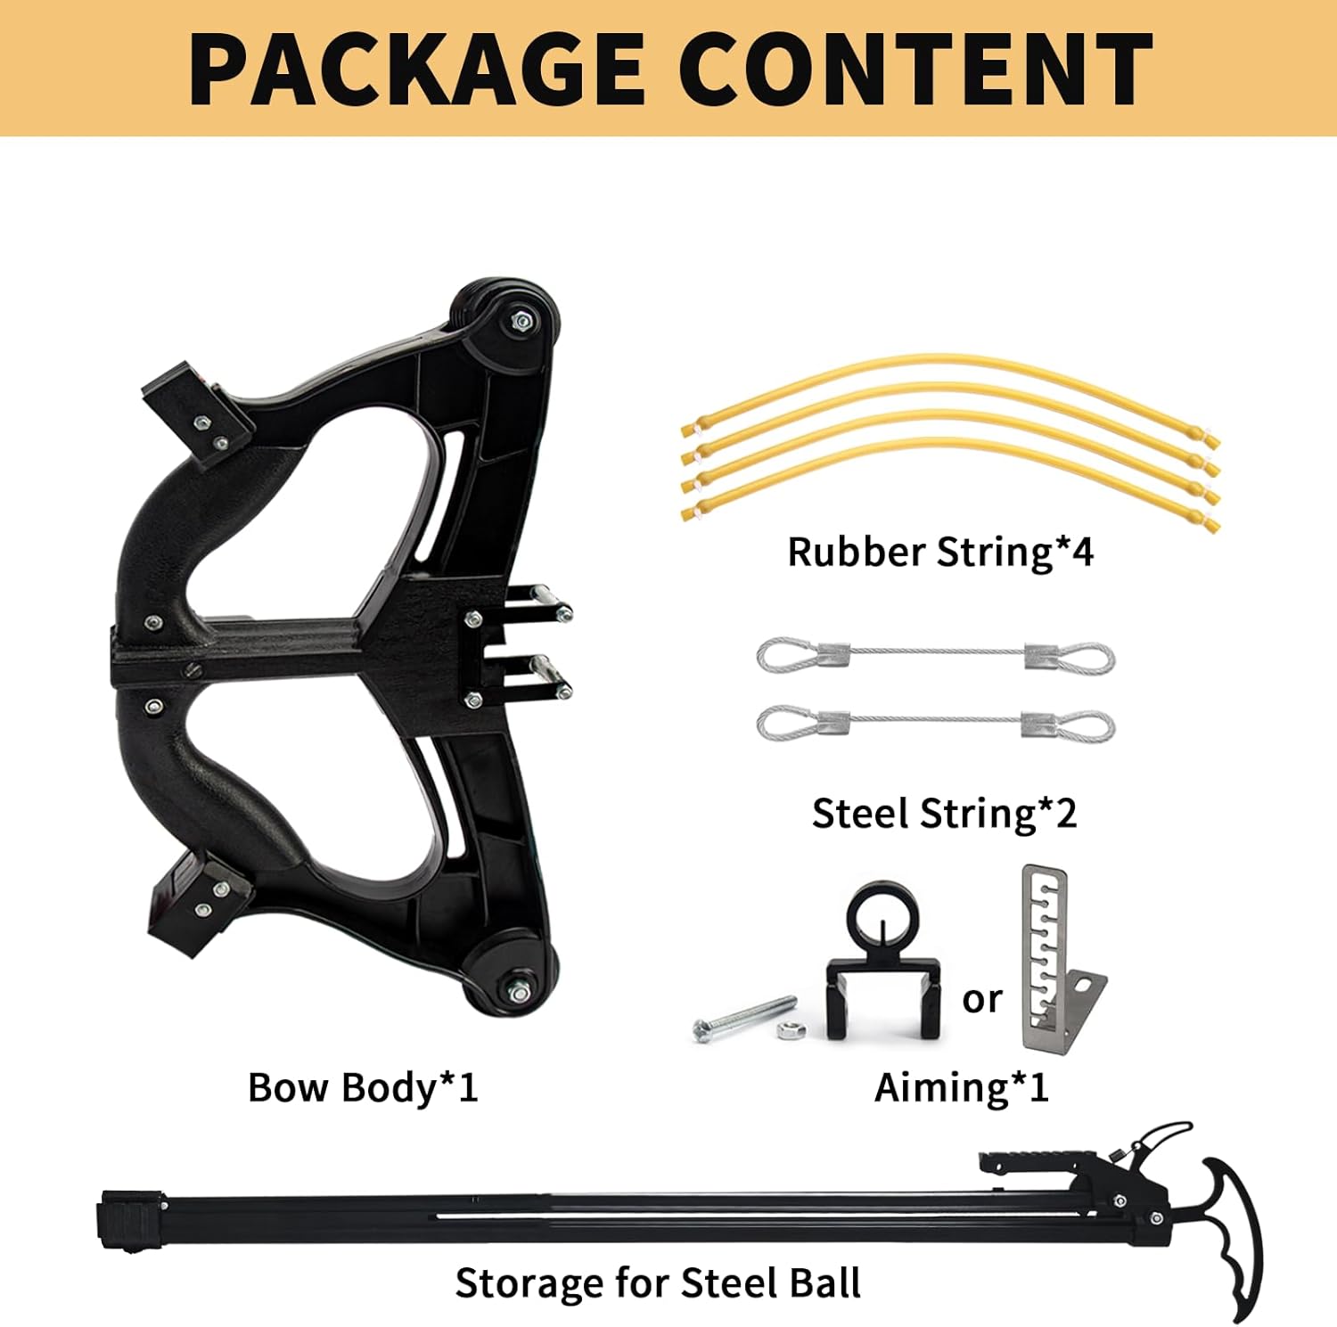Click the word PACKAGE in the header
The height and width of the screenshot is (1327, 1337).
(417, 70)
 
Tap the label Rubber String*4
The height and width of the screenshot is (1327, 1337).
(940, 553)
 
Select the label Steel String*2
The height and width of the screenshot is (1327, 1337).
(944, 814)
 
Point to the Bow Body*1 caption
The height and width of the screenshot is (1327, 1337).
(363, 1088)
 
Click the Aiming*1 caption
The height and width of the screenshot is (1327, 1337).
(961, 1088)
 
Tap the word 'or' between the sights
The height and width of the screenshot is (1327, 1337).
(982, 999)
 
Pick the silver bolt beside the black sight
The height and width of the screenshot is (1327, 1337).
(743, 1018)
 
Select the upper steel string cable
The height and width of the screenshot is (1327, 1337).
(936, 658)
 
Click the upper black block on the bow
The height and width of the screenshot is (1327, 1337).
(194, 410)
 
